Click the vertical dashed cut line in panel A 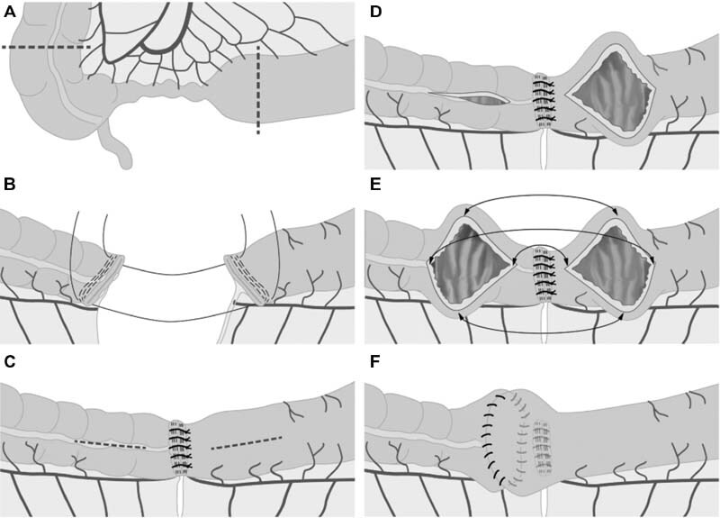[x=258, y=90]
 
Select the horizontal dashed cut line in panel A [x=45, y=46]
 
